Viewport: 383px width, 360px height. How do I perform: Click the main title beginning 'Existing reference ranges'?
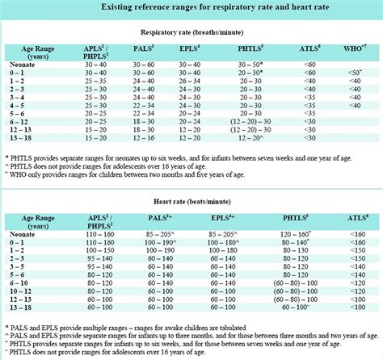tap(192, 6)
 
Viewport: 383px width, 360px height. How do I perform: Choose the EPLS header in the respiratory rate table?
tap(189, 50)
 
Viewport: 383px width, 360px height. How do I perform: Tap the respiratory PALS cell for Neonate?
tap(145, 65)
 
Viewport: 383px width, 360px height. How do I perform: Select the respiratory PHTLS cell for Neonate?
tap(253, 65)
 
